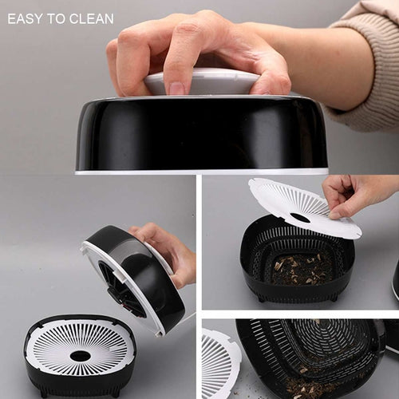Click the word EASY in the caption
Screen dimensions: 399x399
[x=25, y=19]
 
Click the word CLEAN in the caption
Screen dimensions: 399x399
[x=91, y=19]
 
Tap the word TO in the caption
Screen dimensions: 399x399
[x=56, y=19]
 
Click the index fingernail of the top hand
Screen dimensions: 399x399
[x=176, y=88]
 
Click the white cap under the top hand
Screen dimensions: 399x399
[x=202, y=81]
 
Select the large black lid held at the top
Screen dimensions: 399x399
[x=202, y=134]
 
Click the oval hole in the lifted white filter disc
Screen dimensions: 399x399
[x=300, y=218]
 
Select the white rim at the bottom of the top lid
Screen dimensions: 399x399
[x=202, y=172]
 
